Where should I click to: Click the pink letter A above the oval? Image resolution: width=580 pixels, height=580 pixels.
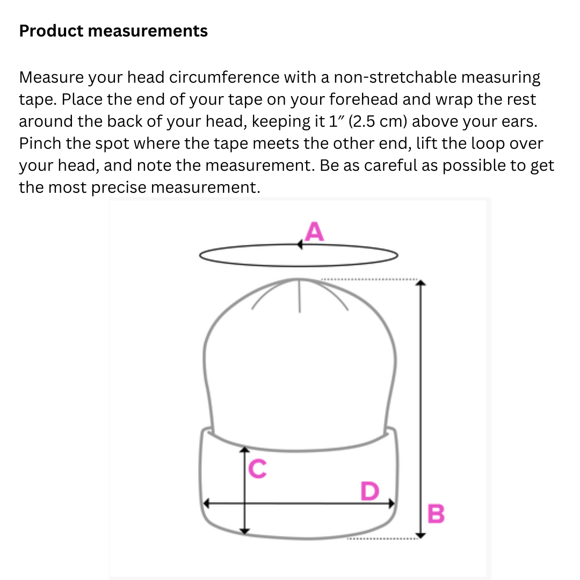pos(314,231)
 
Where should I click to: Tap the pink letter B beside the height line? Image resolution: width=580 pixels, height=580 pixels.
pos(436,513)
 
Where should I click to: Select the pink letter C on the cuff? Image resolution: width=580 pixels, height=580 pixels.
pos(257,469)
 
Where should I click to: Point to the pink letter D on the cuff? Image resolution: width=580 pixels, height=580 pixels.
pos(370,491)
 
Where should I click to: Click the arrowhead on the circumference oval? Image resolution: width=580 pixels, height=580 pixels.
pos(300,244)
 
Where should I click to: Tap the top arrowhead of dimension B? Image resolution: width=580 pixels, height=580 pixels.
pos(421,283)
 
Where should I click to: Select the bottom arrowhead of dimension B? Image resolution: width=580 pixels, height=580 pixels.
pos(421,535)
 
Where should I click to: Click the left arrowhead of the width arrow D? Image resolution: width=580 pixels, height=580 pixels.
pos(206,503)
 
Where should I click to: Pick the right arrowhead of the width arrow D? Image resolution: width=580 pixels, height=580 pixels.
pos(392,503)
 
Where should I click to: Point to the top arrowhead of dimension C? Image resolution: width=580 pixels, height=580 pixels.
pos(244,449)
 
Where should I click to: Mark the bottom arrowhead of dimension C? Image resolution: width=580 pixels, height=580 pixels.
pos(244,532)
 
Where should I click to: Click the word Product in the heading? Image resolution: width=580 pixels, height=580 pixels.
pos(51,31)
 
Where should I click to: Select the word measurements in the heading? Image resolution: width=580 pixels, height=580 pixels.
pos(148,31)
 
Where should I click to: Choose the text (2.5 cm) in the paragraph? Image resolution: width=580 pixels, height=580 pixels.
pos(378,121)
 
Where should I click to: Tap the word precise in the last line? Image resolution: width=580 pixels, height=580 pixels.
pos(119,187)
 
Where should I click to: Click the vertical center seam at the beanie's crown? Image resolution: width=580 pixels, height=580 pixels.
pos(300,295)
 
